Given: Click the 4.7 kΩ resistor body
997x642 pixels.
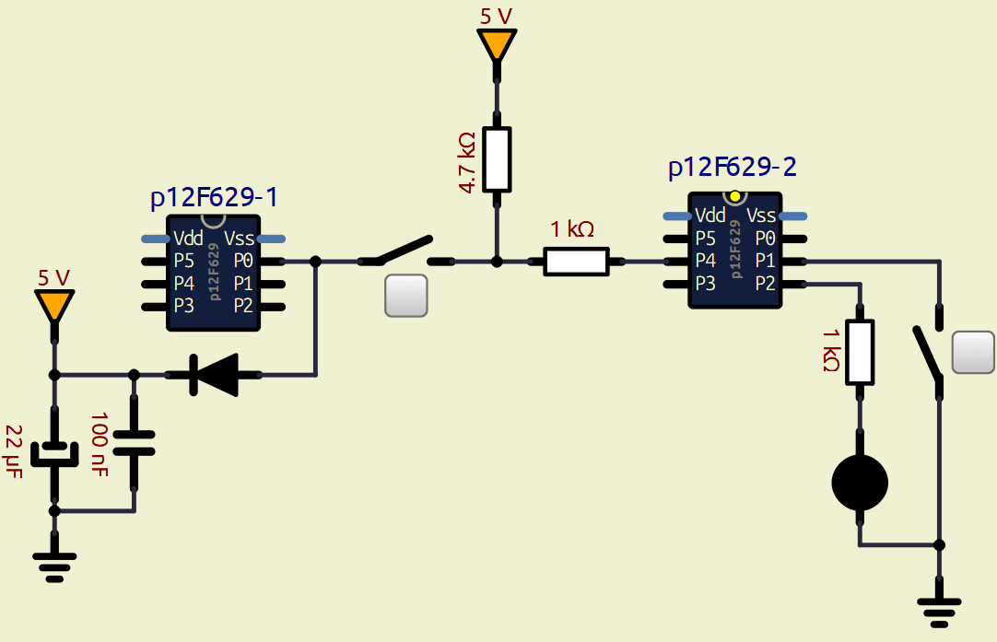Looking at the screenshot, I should (497, 158).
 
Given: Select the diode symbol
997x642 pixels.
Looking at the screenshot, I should (213, 375).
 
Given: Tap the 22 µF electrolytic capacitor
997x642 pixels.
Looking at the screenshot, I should (54, 453).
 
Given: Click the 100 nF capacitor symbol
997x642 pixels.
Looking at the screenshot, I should (135, 445).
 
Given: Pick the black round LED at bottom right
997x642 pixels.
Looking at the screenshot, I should (860, 482).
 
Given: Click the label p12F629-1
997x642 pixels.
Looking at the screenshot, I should (214, 198).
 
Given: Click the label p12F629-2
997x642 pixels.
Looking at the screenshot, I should (733, 167).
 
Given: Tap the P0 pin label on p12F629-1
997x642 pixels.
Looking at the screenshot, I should (243, 261).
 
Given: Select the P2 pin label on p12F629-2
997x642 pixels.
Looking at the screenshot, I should (765, 284).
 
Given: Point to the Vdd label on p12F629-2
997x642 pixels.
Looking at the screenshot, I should (710, 216).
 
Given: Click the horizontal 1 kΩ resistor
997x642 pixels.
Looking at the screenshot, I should (577, 262).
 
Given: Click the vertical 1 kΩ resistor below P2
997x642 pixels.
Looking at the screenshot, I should (860, 352).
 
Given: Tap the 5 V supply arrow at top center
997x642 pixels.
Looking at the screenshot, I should (497, 44).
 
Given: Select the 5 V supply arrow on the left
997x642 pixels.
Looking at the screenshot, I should (54, 305).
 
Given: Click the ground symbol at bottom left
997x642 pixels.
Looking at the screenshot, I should (54, 565).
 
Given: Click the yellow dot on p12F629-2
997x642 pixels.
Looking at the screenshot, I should (734, 196).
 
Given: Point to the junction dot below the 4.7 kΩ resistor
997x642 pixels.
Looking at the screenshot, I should (497, 262).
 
